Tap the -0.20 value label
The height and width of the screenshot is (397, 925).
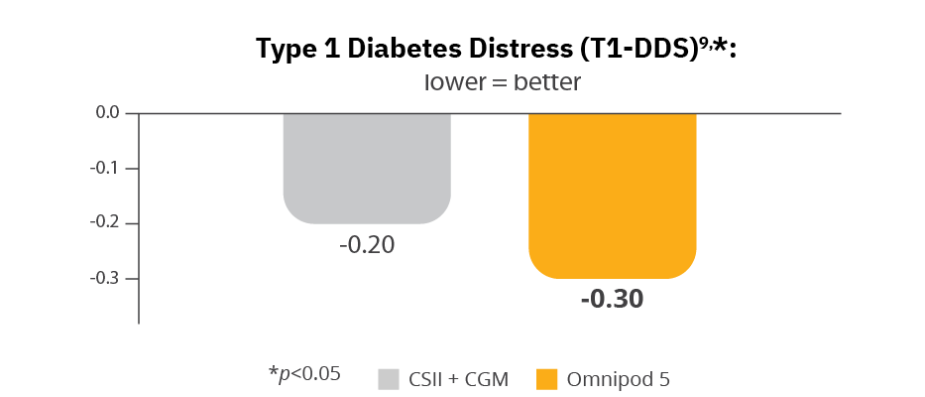pyautogui.click(x=367, y=244)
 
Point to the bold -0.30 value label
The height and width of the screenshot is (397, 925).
pyautogui.click(x=612, y=298)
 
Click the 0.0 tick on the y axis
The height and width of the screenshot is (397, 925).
pyautogui.click(x=108, y=113)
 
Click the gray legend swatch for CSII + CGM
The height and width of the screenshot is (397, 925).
pyautogui.click(x=390, y=379)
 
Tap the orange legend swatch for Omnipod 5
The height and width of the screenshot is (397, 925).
pyautogui.click(x=547, y=379)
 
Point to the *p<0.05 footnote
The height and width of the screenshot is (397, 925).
pyautogui.click(x=304, y=374)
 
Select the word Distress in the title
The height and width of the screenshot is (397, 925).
pyautogui.click(x=515, y=48)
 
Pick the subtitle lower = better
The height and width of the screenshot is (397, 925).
pyautogui.click(x=502, y=82)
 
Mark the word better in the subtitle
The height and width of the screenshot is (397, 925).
pyautogui.click(x=546, y=82)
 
